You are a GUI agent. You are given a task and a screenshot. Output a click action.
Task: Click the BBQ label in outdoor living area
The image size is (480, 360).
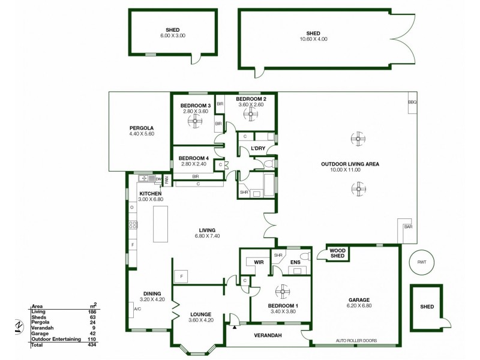click(412, 102)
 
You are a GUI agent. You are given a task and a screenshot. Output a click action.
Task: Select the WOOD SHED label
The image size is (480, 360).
click(338, 254)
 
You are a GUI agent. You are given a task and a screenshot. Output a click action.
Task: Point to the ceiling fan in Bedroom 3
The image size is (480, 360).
click(195, 122)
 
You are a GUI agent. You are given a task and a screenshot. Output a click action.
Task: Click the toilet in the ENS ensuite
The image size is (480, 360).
click(304, 257)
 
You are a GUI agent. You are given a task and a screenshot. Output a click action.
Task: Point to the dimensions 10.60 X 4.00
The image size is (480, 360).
click(313, 39)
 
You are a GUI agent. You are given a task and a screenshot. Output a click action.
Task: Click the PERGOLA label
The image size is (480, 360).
click(142, 128)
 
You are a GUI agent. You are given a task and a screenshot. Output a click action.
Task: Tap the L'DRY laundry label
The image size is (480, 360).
click(258, 148)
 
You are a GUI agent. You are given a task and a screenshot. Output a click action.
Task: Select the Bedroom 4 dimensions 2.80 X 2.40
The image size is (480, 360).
click(192, 164)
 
